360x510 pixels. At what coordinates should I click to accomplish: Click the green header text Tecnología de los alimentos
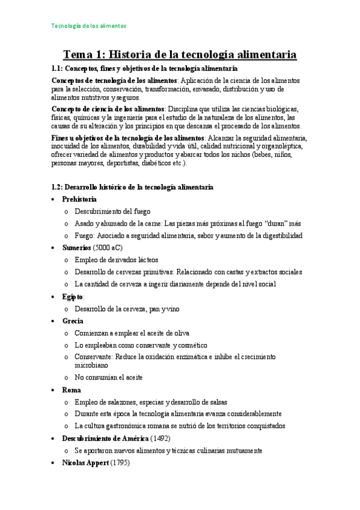pos(88,26)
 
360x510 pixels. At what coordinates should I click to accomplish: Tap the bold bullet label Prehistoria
pos(79,199)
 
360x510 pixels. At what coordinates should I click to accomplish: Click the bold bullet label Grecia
pos(73,321)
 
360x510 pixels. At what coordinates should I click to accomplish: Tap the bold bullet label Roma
pos(72,390)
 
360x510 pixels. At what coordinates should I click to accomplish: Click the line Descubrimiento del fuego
pos(112,211)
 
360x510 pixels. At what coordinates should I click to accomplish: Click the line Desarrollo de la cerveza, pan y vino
pos(127,309)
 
